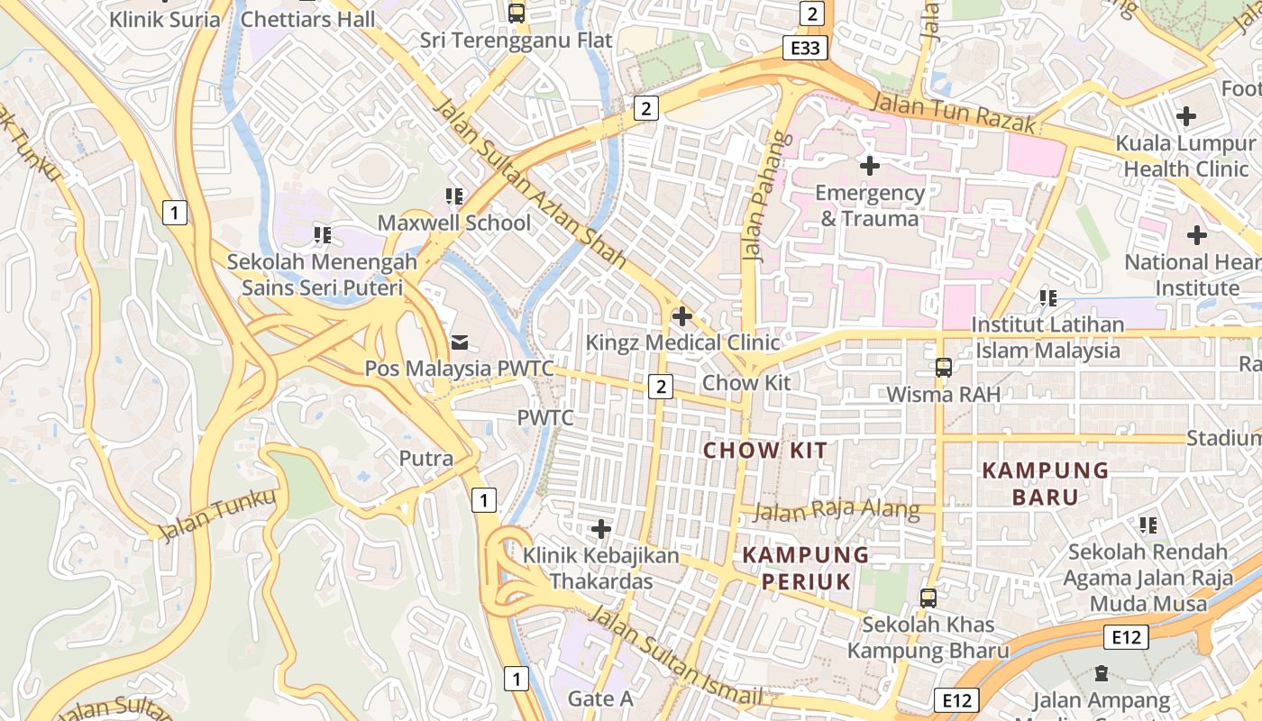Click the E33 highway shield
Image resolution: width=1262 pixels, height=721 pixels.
coord(805,48)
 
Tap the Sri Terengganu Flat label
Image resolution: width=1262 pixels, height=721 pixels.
coord(517,41)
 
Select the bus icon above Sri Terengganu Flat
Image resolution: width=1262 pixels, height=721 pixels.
coord(517,13)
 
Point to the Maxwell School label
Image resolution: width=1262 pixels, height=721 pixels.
coord(454,223)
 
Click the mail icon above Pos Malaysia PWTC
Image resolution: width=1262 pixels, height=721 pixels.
coord(460,342)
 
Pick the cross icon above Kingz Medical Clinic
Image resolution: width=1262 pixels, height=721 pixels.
coord(682,316)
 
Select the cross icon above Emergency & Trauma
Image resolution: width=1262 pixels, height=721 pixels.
coord(870,166)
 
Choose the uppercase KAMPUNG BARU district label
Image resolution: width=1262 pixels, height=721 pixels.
coord(1046,483)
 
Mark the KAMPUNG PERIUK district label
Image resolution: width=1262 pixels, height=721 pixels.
coord(806,568)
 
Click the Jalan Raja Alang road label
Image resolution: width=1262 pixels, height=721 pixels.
coord(836,511)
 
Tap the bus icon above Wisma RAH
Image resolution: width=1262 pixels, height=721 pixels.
coord(944,368)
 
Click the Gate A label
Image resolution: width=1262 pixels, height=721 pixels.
coord(600,698)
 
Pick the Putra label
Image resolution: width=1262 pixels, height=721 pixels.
coord(426,458)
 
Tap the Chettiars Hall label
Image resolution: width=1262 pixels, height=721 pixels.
coord(309,19)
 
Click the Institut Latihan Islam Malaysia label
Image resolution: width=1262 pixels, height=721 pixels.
coord(1047,337)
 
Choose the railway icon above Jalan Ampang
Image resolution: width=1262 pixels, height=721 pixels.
coord(1101,672)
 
